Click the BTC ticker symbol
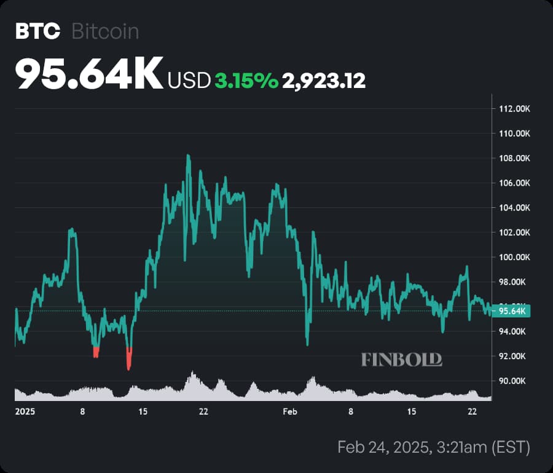(38, 31)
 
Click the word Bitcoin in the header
(105, 31)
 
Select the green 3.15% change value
(246, 81)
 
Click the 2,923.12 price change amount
(324, 81)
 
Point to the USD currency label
(189, 81)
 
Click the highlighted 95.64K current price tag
(512, 311)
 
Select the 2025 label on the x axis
(24, 411)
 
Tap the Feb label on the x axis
(290, 411)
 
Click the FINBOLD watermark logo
(401, 359)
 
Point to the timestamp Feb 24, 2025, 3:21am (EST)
(433, 447)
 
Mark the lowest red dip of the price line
(128, 368)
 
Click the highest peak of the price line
(188, 156)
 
